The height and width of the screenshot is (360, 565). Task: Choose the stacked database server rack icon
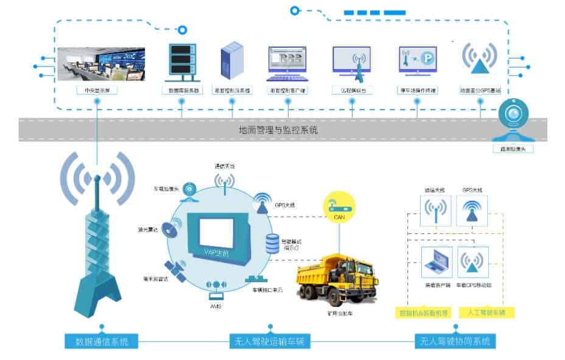coord(181,63)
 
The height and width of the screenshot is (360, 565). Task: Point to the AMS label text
coord(215,306)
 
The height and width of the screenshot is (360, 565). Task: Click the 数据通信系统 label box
coord(101,341)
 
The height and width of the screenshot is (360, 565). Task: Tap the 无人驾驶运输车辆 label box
coord(268,341)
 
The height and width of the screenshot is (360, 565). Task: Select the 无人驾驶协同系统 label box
coord(455,341)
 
